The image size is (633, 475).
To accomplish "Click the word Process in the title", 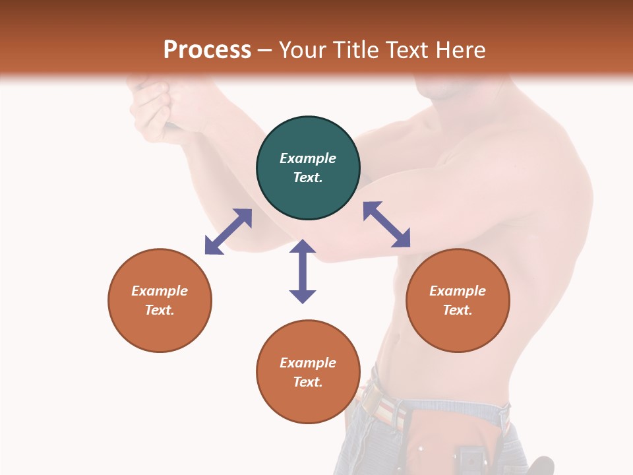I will [x=207, y=50].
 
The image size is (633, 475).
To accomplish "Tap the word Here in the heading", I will [x=458, y=50].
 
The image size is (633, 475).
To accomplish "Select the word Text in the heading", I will [x=405, y=50].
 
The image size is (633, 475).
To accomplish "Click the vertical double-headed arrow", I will [x=303, y=271].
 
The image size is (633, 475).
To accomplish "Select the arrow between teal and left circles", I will [x=228, y=232].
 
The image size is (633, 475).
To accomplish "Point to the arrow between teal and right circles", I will [x=386, y=224].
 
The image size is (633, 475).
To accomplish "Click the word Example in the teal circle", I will [x=308, y=158].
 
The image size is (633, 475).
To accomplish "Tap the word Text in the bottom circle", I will [x=308, y=382].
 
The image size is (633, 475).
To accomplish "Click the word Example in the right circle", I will [x=458, y=291].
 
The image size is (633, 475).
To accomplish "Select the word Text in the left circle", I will [x=160, y=310].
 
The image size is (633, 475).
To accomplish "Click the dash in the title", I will [x=264, y=50].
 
